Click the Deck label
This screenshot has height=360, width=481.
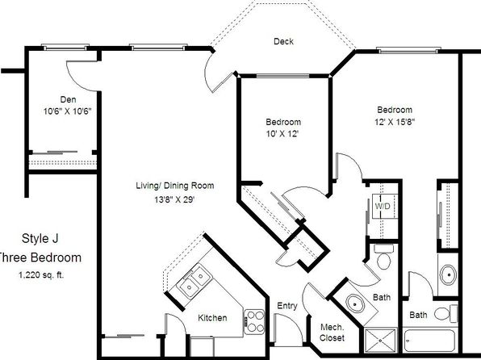coord(283,41)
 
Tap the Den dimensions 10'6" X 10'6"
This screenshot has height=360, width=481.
coord(68,111)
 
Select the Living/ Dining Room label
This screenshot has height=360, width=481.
coord(175,186)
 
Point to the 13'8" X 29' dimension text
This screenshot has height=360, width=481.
coord(174,200)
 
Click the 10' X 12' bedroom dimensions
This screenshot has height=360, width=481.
coord(282,134)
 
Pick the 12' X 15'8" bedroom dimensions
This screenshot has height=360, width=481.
coord(395,122)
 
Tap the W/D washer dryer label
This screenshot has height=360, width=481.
coord(383,207)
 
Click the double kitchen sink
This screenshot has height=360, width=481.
coord(194,282)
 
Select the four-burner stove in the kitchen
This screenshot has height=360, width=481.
coord(254,321)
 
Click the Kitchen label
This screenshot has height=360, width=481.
coord(212,318)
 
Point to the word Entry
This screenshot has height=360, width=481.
coord(287,306)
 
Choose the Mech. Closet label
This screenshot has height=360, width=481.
coord(332,333)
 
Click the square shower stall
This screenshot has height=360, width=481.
coord(380,341)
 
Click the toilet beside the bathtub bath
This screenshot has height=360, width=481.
coord(446,313)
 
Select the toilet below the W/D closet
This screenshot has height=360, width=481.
coord(383,257)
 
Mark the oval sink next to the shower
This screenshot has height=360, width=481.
coord(355,304)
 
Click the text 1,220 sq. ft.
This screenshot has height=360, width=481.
coord(41,275)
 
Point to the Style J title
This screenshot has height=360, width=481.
coord(40,238)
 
